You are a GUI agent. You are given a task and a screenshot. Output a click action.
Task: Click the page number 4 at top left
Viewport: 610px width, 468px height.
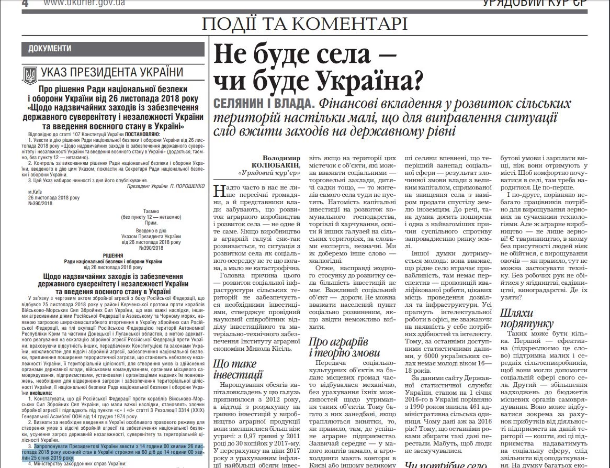(x=25, y=3)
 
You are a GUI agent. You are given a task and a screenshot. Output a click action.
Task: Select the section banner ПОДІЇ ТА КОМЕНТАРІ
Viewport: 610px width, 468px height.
(x=304, y=24)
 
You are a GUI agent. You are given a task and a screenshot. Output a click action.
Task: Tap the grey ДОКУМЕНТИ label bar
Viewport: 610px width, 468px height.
(x=113, y=48)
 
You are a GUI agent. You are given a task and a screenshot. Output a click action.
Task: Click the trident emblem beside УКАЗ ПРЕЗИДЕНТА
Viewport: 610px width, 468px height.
(x=30, y=75)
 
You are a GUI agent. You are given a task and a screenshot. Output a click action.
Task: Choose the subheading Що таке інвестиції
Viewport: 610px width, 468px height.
(x=238, y=369)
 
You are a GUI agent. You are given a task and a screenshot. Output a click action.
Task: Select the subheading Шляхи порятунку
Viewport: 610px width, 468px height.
(x=524, y=318)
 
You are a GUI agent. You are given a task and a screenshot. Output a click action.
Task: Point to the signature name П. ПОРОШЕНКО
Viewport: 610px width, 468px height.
(x=187, y=186)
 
